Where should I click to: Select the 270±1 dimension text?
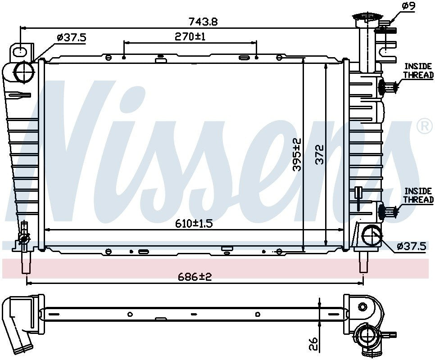(x=190, y=36)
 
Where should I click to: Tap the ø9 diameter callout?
(x=408, y=6)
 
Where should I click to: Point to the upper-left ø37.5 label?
(x=71, y=38)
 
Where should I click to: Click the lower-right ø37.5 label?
(x=411, y=246)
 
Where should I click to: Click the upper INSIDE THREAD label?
(x=418, y=71)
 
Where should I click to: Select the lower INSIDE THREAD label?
(x=418, y=195)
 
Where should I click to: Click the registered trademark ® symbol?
(x=424, y=127)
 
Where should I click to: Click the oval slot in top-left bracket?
(x=20, y=52)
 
